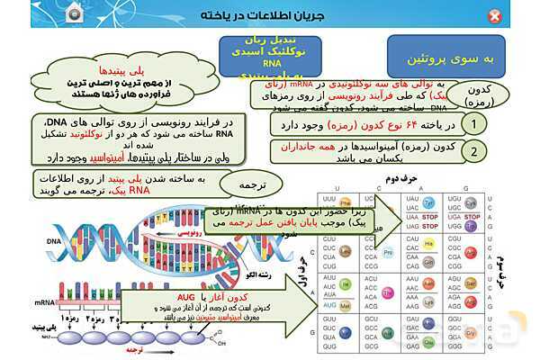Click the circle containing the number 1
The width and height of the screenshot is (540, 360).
tap(472, 123)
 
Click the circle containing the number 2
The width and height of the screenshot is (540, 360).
tap(472, 151)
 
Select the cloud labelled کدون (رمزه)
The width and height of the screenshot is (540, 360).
tap(480, 94)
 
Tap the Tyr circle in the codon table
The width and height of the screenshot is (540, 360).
tap(429, 203)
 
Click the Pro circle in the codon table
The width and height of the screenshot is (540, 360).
tap(387, 252)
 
